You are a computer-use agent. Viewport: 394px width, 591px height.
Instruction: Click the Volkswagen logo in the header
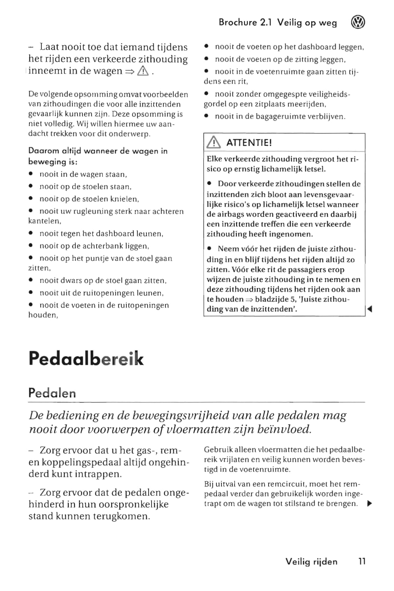click(358, 23)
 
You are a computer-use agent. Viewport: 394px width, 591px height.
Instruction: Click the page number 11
click(362, 561)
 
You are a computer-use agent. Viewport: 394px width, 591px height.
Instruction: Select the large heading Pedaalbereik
click(86, 358)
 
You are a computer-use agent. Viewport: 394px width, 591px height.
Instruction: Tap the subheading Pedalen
click(52, 393)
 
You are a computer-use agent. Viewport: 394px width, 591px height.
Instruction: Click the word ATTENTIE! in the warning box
click(249, 143)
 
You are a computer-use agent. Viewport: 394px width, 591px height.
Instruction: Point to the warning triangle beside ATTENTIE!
click(214, 143)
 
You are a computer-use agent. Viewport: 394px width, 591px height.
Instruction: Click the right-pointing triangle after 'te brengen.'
click(370, 504)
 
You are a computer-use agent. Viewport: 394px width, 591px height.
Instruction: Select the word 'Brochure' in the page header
click(238, 23)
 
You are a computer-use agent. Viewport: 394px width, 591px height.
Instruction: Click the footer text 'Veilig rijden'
click(311, 561)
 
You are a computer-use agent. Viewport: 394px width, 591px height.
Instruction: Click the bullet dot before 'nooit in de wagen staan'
click(31, 174)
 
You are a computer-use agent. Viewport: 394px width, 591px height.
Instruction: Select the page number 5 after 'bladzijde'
click(291, 299)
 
